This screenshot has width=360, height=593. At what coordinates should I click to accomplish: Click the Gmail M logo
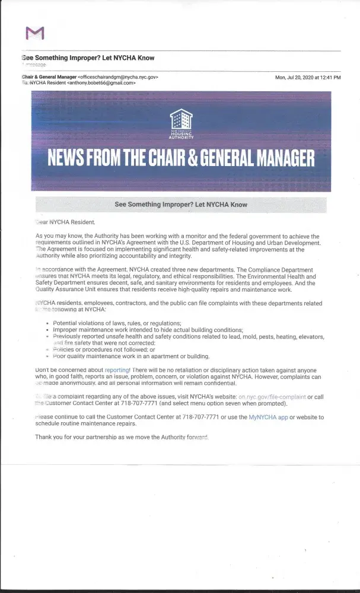click(35, 33)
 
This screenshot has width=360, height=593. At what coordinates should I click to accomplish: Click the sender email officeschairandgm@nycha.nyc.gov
click(119, 77)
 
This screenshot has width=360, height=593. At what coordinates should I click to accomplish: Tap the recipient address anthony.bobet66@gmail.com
click(101, 83)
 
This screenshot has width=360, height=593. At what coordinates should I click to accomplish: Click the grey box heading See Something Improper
click(181, 205)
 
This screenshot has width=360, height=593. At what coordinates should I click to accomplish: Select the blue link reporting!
click(117, 369)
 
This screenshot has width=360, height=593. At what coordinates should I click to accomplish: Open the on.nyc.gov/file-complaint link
click(272, 396)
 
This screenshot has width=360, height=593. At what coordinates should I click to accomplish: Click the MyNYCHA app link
click(268, 417)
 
